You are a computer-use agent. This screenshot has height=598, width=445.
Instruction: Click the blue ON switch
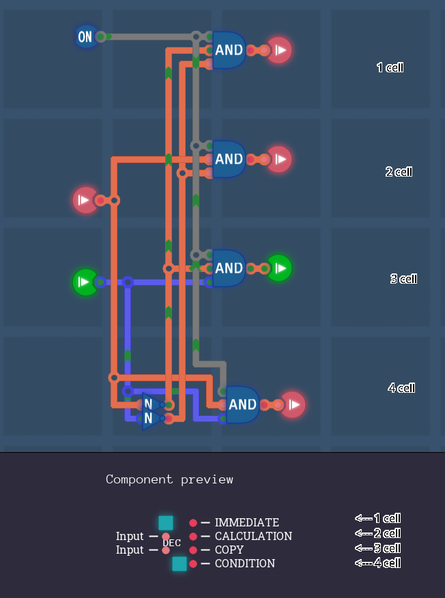(x=85, y=37)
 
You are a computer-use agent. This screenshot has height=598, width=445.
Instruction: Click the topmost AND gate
(x=229, y=50)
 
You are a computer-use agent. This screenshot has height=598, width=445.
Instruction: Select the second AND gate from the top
(x=229, y=159)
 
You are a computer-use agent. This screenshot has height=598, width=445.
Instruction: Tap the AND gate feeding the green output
(x=229, y=268)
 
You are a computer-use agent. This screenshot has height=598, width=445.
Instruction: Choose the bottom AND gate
(x=242, y=404)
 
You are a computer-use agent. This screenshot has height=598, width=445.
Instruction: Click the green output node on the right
(x=279, y=268)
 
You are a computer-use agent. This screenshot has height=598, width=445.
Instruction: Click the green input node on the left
(x=85, y=282)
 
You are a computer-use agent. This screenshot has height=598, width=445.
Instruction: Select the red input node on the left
(x=85, y=200)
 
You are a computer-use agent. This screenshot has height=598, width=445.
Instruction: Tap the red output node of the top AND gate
(x=279, y=50)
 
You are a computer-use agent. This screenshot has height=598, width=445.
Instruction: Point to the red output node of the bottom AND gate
(x=293, y=404)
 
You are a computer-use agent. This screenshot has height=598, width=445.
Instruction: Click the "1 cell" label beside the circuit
(x=390, y=68)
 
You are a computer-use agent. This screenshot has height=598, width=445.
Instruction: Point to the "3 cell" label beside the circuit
(x=403, y=279)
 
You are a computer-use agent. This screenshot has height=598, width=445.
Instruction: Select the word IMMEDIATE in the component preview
(x=246, y=522)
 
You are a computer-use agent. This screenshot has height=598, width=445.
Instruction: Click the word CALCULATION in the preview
(x=253, y=536)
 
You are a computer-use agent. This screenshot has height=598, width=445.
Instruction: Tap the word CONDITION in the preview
(x=245, y=563)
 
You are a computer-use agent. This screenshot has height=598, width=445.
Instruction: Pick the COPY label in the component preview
(x=229, y=550)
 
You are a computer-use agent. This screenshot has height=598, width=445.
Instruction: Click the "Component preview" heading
(x=169, y=479)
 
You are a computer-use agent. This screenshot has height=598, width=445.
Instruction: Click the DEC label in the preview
(x=172, y=543)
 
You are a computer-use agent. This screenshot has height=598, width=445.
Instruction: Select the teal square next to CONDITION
(x=180, y=564)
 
